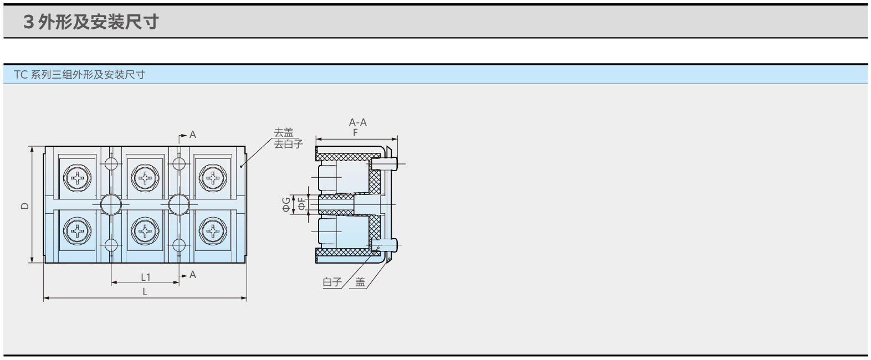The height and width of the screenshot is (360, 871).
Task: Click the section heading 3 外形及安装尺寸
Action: [x=91, y=22]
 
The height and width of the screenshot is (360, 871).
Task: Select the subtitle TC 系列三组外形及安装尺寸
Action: [x=79, y=75]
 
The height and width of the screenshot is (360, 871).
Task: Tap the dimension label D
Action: [x=24, y=205]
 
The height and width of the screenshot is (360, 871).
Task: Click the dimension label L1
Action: [x=145, y=277]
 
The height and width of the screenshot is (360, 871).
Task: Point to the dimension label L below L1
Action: [x=145, y=291]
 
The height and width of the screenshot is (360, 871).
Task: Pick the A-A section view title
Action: [x=358, y=122]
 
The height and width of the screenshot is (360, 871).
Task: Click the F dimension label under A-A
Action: [x=355, y=133]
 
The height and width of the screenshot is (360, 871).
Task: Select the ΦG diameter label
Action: [x=286, y=204]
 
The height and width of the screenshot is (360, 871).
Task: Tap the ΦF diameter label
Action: [x=302, y=204]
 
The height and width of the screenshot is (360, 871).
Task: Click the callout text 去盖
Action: [x=284, y=132]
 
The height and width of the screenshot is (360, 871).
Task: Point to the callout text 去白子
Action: [x=289, y=144]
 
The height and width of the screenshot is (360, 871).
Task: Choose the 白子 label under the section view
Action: [x=332, y=282]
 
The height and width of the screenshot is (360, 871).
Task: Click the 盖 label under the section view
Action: [x=360, y=282]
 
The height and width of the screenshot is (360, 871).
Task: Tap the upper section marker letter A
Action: [x=192, y=135]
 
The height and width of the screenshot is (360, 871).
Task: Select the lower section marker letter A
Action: [x=192, y=275]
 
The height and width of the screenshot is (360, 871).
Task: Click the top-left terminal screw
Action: [x=78, y=178]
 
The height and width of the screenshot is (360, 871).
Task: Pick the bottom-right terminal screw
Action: [x=213, y=231]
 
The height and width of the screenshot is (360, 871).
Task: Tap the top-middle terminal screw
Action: [x=145, y=178]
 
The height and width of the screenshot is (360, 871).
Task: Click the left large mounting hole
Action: [x=111, y=204]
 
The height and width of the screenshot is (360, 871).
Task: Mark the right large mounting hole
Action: [x=180, y=204]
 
